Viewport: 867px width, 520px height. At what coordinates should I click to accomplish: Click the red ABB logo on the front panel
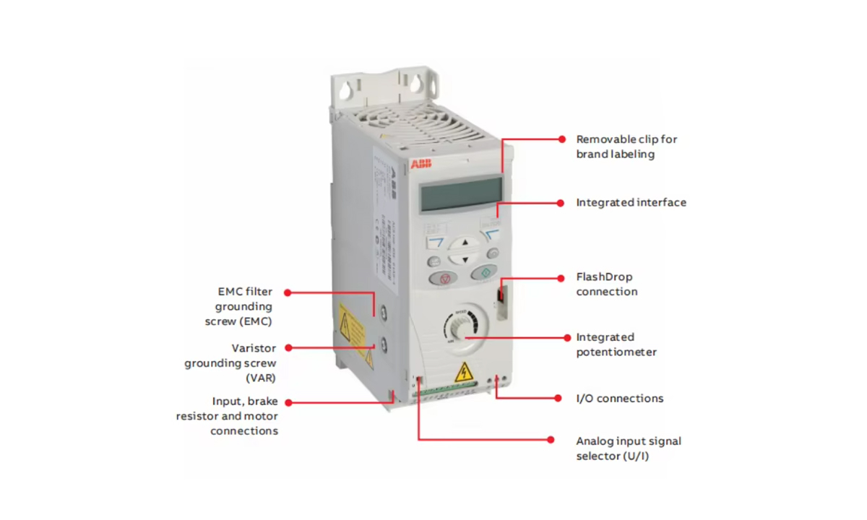(x=420, y=165)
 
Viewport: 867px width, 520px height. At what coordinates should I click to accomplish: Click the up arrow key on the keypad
(x=465, y=243)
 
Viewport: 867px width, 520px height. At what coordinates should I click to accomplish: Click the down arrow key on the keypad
(x=465, y=259)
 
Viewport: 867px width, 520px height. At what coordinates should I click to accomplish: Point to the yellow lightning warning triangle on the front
(x=462, y=373)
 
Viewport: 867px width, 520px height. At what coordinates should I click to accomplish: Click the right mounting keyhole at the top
(x=417, y=84)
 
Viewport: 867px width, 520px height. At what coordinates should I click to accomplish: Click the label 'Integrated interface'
(x=631, y=203)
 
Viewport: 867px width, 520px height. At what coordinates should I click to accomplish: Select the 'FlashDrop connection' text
(x=606, y=285)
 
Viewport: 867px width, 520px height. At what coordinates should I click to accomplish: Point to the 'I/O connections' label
(x=619, y=399)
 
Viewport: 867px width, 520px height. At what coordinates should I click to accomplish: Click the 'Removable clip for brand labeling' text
(x=626, y=147)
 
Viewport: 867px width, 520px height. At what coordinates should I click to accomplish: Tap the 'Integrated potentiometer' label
(x=616, y=344)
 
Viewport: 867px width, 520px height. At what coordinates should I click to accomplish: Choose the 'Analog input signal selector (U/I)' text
(x=628, y=448)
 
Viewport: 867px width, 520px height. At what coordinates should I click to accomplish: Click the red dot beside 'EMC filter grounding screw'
(x=288, y=292)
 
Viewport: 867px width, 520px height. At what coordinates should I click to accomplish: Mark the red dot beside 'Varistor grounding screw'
(x=288, y=348)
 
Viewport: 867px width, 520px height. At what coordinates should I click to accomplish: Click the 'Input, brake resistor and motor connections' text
(x=227, y=416)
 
